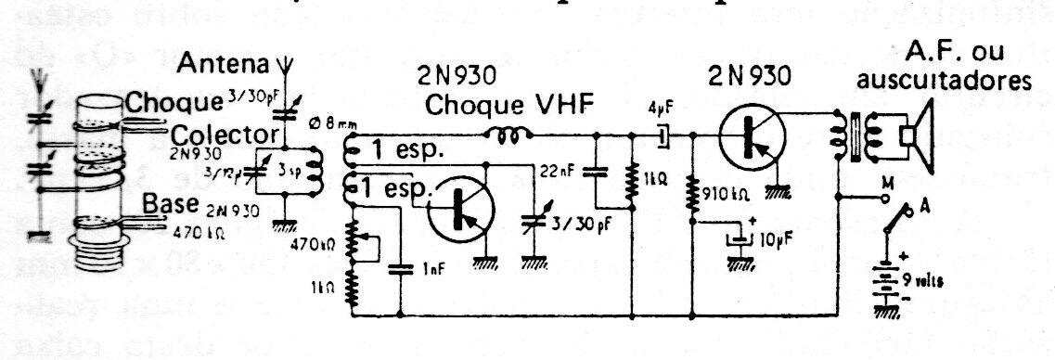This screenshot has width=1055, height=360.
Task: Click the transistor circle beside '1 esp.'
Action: [462, 210]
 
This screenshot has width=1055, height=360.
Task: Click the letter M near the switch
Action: [887, 182]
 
